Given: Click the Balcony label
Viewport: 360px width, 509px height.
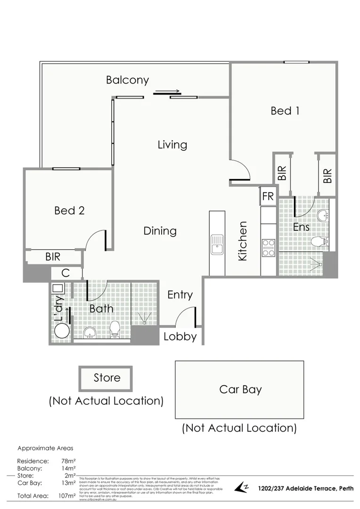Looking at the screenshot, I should pos(127,80).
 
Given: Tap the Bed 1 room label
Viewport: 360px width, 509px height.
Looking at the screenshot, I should pos(285,111).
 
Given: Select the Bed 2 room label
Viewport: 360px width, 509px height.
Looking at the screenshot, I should pos(69,211).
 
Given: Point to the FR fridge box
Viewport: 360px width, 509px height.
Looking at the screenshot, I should pos(268,197).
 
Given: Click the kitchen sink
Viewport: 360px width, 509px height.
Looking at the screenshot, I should pos(217,245).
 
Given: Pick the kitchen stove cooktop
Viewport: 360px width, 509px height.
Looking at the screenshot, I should pos(269,248).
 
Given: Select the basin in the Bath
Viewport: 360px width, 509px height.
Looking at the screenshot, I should pos(90,333).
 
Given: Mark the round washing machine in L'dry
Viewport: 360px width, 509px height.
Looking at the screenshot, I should pos(61,331).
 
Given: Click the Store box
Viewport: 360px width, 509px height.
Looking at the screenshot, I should pos(106,378).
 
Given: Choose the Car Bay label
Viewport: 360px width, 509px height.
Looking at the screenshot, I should pos(240,390).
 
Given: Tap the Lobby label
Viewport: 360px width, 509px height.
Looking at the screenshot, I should pos(180,337).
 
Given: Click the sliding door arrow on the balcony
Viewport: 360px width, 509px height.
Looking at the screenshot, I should pos(167,92).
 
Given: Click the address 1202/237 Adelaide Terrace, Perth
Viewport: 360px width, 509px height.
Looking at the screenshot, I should pos(305,488).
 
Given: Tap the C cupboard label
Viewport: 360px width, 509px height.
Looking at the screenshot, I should pos(65,273).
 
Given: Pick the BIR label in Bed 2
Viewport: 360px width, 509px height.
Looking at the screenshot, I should pos(53,257).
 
